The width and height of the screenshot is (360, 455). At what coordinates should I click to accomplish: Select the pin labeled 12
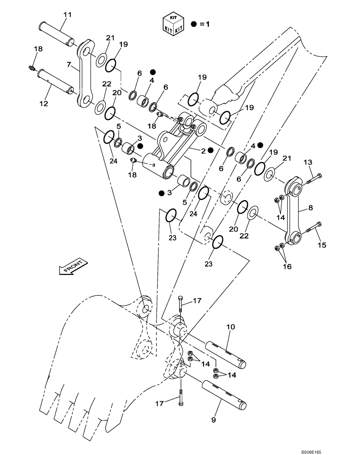(56, 81)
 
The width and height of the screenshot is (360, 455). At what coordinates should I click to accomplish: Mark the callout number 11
(68, 15)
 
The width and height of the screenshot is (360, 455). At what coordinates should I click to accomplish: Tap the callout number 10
(230, 326)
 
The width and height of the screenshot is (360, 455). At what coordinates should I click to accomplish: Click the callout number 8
(310, 207)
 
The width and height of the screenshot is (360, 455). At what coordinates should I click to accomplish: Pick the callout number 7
(69, 65)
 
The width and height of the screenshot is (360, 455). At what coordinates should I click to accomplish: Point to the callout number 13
(308, 162)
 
